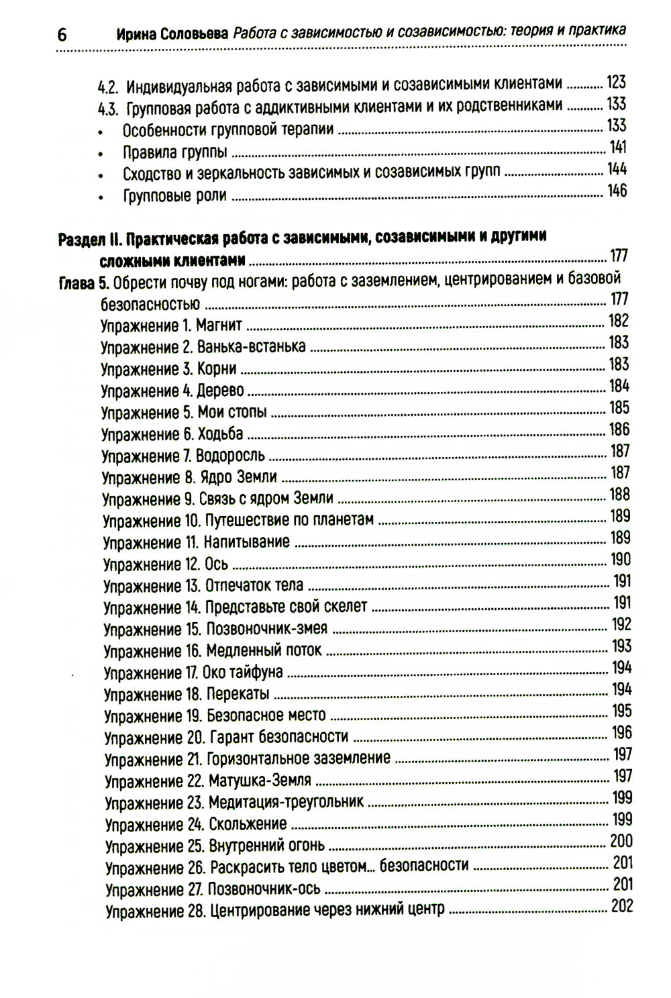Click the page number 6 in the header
(62, 35)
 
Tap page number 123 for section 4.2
(615, 83)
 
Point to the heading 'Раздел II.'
(90, 238)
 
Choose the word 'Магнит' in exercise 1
(219, 326)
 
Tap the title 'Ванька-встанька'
(252, 348)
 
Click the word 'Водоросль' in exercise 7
(229, 456)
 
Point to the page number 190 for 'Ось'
(620, 559)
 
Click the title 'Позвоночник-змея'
(266, 630)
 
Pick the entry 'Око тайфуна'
(244, 672)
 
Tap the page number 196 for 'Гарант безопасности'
(621, 733)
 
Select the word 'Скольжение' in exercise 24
(248, 824)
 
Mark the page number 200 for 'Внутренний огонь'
(621, 842)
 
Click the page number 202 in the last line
(621, 907)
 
